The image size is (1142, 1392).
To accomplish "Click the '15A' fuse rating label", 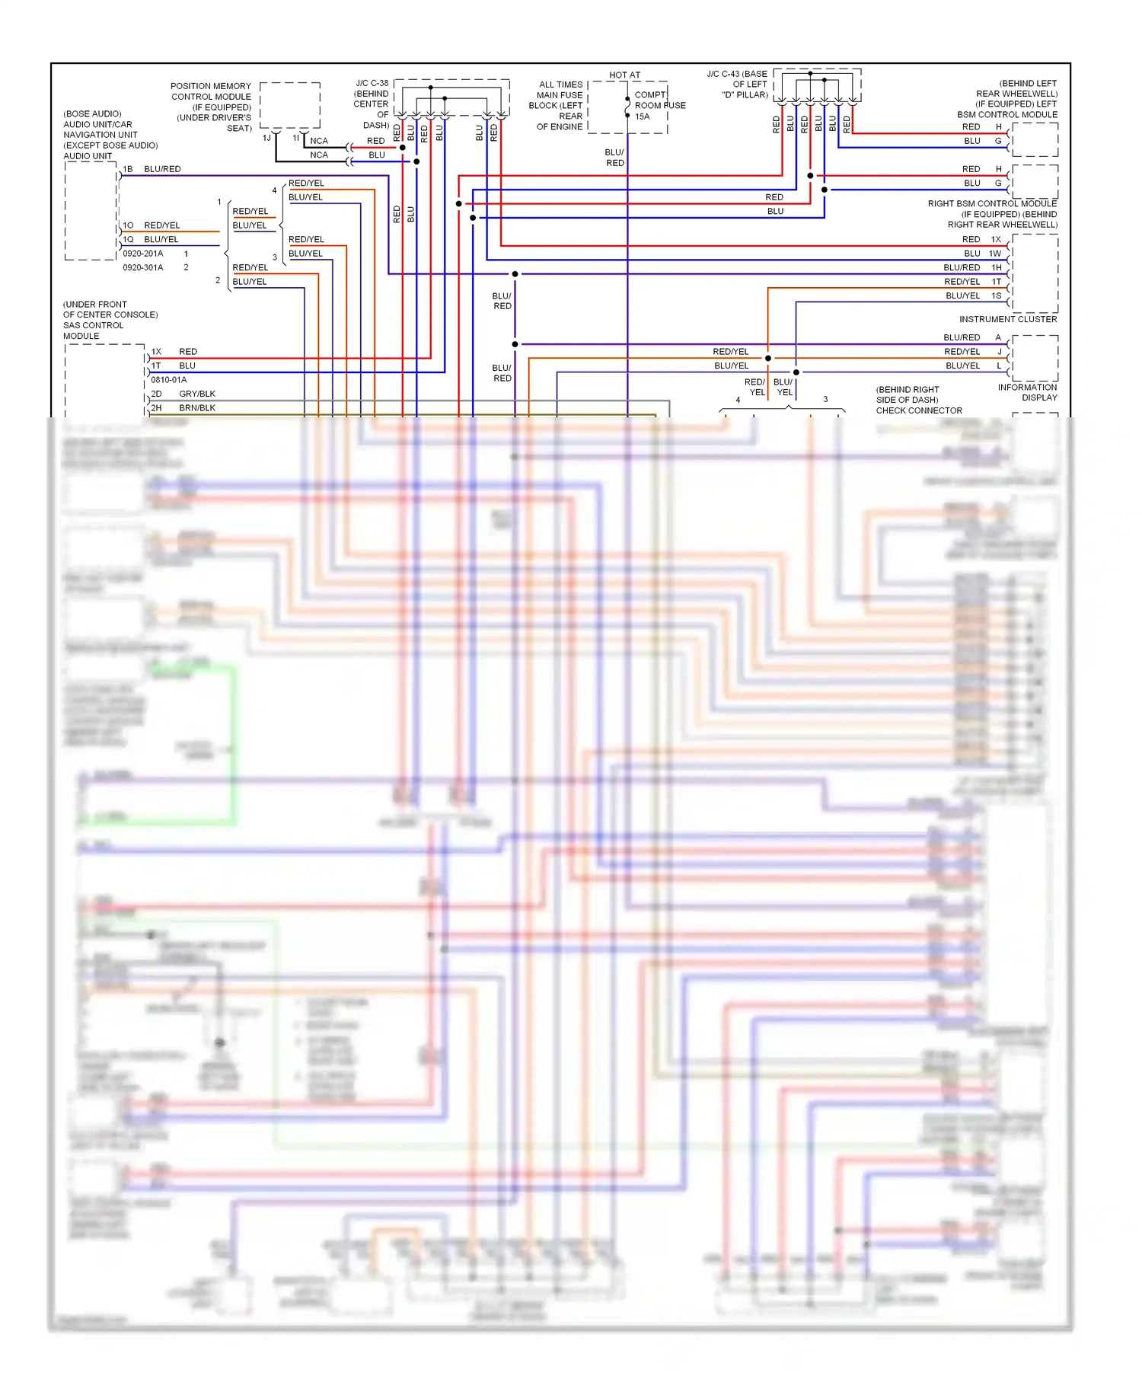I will [x=643, y=117].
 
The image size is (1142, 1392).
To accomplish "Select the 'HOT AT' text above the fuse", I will [x=624, y=75].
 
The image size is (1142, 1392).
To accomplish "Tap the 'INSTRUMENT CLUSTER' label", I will [x=1007, y=319].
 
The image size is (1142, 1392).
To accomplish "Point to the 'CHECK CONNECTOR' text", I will [x=919, y=410].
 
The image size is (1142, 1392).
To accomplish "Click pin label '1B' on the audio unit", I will [x=128, y=169].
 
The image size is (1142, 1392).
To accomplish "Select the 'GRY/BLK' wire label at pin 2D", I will [x=197, y=394].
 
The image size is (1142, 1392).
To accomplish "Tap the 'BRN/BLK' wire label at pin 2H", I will [x=197, y=408].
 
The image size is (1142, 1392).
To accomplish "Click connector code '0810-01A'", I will [x=168, y=380].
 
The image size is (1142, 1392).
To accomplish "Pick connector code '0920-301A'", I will [x=143, y=267].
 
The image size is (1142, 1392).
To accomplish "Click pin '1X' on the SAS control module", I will [x=156, y=352].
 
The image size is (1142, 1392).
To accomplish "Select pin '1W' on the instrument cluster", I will [x=995, y=254].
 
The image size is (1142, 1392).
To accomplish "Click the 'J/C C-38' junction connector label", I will [x=372, y=83].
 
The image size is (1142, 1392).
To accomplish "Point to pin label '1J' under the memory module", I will [x=266, y=139].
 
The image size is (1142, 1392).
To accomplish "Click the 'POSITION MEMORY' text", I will [x=211, y=86].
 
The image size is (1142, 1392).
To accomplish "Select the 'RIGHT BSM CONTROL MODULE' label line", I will [x=992, y=203].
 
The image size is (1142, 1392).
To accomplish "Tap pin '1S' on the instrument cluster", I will [x=996, y=295].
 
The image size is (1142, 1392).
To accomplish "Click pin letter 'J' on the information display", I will [x=999, y=352].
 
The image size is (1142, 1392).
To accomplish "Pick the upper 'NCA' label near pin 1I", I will [x=319, y=141].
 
